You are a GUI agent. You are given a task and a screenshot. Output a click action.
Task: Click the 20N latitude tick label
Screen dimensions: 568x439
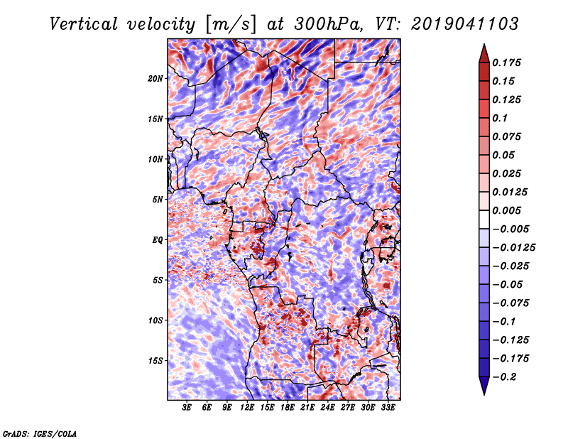pyautogui.click(x=155, y=79)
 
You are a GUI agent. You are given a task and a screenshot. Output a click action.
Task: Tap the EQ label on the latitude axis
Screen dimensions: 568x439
pyautogui.click(x=158, y=240)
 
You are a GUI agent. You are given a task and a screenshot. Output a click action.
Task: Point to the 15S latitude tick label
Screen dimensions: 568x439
pyautogui.click(x=155, y=361)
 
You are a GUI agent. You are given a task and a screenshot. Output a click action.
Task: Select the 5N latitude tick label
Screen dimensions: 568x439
pyautogui.click(x=158, y=200)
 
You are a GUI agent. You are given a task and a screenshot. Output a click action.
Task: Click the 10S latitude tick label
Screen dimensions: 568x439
pyautogui.click(x=155, y=320)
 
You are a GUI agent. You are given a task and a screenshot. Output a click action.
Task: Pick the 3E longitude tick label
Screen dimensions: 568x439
pyautogui.click(x=187, y=408)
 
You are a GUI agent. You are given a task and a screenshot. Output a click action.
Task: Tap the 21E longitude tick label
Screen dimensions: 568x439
pyautogui.click(x=307, y=408)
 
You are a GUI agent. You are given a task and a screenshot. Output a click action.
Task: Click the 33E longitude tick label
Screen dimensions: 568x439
pyautogui.click(x=388, y=408)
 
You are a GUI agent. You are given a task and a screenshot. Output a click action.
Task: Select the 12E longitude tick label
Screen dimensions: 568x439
pyautogui.click(x=247, y=408)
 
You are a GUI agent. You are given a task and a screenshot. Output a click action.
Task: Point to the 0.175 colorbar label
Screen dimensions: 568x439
pyautogui.click(x=506, y=63)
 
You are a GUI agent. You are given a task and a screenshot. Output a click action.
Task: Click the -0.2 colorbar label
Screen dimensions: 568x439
pyautogui.click(x=504, y=377)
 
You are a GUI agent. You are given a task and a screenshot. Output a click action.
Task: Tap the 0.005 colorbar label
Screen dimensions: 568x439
pyautogui.click(x=506, y=210)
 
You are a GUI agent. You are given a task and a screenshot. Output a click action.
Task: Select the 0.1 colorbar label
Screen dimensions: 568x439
pyautogui.click(x=500, y=118)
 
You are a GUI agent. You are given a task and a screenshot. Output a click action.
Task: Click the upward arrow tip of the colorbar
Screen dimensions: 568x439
pyautogui.click(x=484, y=44)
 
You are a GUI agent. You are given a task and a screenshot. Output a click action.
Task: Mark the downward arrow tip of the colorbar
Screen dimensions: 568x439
pyautogui.click(x=484, y=395)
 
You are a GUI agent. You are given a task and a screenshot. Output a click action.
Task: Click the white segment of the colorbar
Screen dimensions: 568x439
pyautogui.click(x=484, y=220)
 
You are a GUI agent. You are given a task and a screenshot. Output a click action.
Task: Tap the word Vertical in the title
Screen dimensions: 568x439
pyautogui.click(x=83, y=24)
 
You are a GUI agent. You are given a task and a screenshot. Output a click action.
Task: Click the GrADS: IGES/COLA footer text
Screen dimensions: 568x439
pyautogui.click(x=40, y=433)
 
